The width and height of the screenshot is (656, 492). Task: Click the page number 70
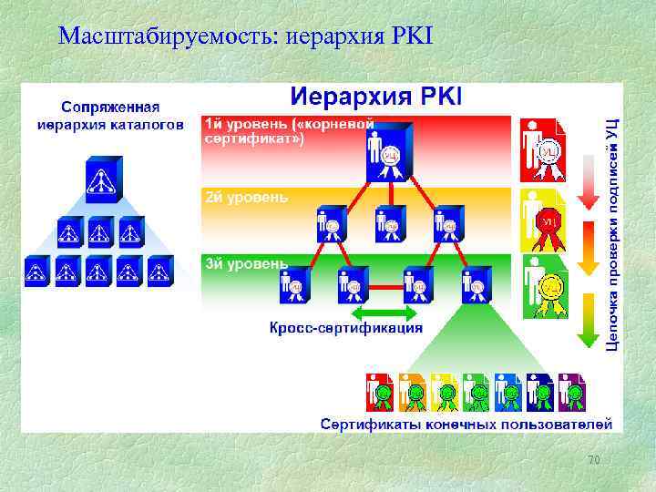click(x=593, y=460)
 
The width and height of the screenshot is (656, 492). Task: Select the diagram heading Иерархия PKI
click(x=376, y=97)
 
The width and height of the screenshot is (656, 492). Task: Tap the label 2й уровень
click(x=245, y=197)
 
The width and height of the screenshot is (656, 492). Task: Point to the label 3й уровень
click(x=245, y=262)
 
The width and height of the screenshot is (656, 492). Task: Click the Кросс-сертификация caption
click(x=345, y=328)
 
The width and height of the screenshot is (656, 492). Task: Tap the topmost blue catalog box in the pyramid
click(x=98, y=179)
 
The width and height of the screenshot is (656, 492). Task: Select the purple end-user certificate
click(x=571, y=393)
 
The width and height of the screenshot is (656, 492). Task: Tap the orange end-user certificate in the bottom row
click(x=412, y=393)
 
